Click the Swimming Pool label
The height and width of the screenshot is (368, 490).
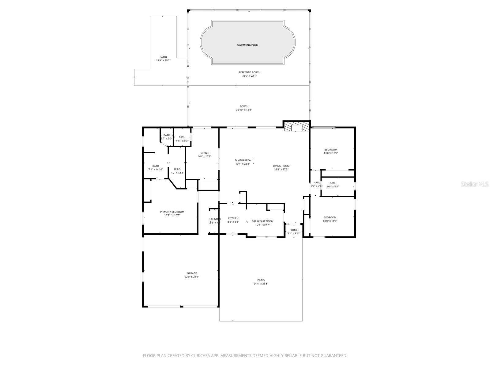tap(247, 45)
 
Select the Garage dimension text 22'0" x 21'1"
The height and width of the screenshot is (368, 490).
tap(192, 277)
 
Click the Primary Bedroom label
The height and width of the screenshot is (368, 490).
tap(172, 212)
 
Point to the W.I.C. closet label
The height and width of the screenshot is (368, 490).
tap(177, 169)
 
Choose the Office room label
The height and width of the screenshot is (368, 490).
tap(205, 153)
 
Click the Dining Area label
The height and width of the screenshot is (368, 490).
tap(243, 160)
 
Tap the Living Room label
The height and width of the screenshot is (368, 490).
tap(281, 166)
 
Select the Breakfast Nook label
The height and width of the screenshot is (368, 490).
tap(262, 221)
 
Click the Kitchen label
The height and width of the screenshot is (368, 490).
tap(233, 218)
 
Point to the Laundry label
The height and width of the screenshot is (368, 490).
tap(215, 219)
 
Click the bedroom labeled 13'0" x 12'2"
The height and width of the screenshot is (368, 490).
tap(331, 150)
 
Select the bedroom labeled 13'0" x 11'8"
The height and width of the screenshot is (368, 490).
tap(330, 217)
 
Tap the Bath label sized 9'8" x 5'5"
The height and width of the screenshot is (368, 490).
tap(333, 183)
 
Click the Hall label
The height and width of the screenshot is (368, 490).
tap(316, 182)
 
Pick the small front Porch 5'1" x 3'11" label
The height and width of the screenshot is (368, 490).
tap(294, 230)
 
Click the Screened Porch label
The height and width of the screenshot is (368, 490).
tap(249, 72)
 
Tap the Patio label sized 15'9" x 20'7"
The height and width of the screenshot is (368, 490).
tap(163, 57)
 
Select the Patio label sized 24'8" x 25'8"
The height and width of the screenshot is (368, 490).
tap(261, 280)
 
